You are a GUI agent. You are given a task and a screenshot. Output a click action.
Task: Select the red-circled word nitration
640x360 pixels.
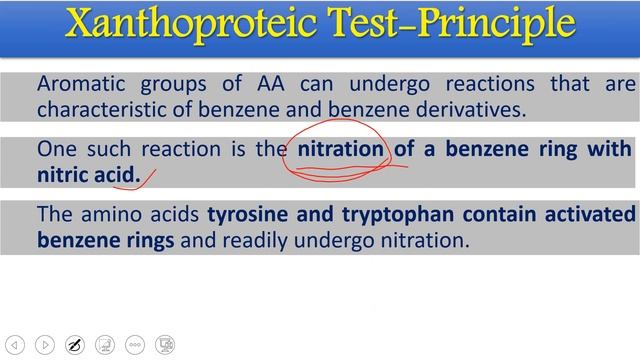point(341,149)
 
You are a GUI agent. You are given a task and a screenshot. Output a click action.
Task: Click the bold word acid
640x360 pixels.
point(118,175)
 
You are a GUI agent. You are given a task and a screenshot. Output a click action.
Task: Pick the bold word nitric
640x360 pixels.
point(63,175)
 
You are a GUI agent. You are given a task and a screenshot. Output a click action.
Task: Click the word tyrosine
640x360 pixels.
point(247,215)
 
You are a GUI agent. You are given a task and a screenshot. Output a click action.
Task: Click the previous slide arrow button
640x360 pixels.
point(13,345)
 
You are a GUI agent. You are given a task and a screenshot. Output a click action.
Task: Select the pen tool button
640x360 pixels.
point(73,345)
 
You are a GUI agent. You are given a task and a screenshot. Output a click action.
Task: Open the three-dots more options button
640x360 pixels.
point(135,345)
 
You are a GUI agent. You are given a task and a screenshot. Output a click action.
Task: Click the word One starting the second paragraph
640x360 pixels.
point(55,149)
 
